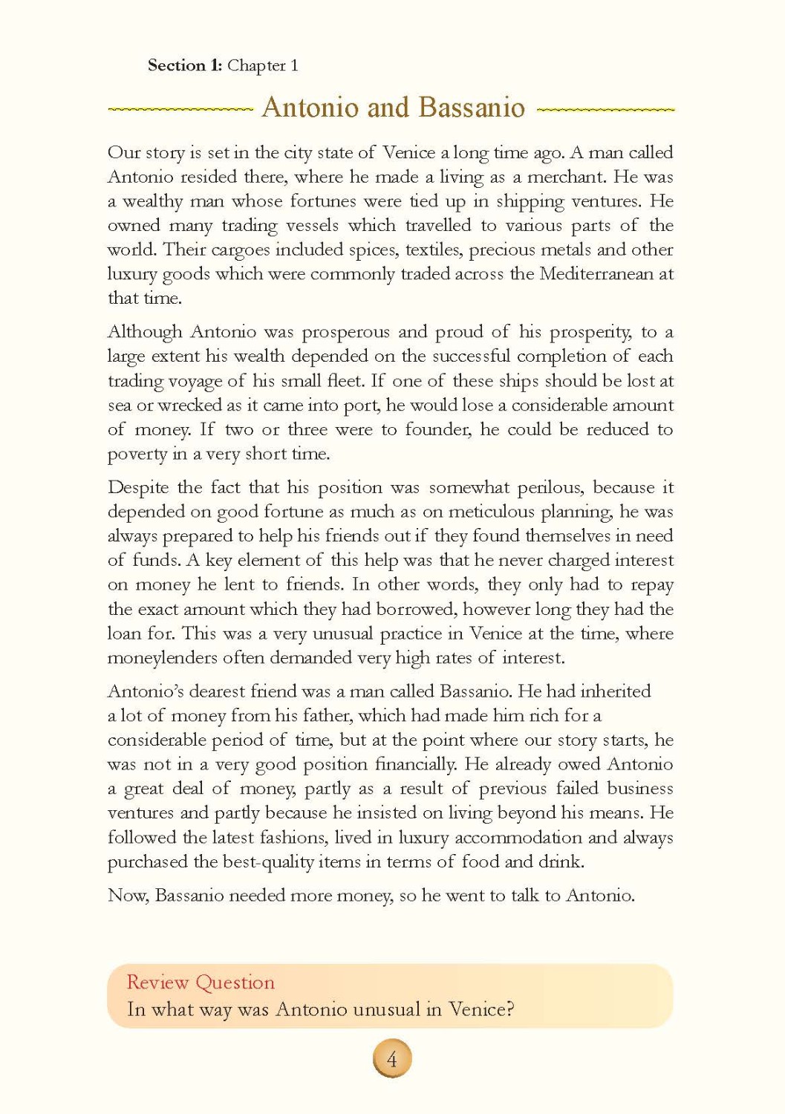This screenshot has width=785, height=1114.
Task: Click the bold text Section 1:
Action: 184,65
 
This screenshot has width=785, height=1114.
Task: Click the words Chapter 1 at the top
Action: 263,65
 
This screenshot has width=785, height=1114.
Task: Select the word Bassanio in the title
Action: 471,108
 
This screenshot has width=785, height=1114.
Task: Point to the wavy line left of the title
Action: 180,109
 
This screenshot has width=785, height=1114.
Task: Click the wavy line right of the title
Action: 605,109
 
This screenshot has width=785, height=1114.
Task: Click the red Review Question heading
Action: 201,983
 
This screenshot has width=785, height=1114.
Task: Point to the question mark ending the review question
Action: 509,1009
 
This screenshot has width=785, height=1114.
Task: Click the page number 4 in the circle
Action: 392,1058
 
